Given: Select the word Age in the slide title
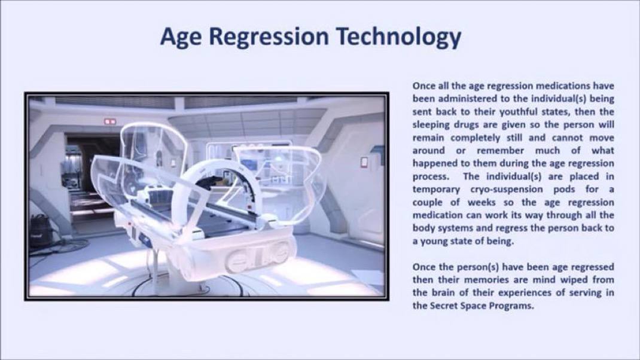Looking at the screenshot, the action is click(x=181, y=36).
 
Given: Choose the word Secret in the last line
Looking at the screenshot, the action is click(x=444, y=306).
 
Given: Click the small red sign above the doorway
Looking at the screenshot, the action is click(x=110, y=121).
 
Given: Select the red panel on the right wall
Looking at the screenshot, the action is click(x=364, y=162).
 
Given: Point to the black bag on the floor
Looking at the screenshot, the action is click(x=41, y=231).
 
